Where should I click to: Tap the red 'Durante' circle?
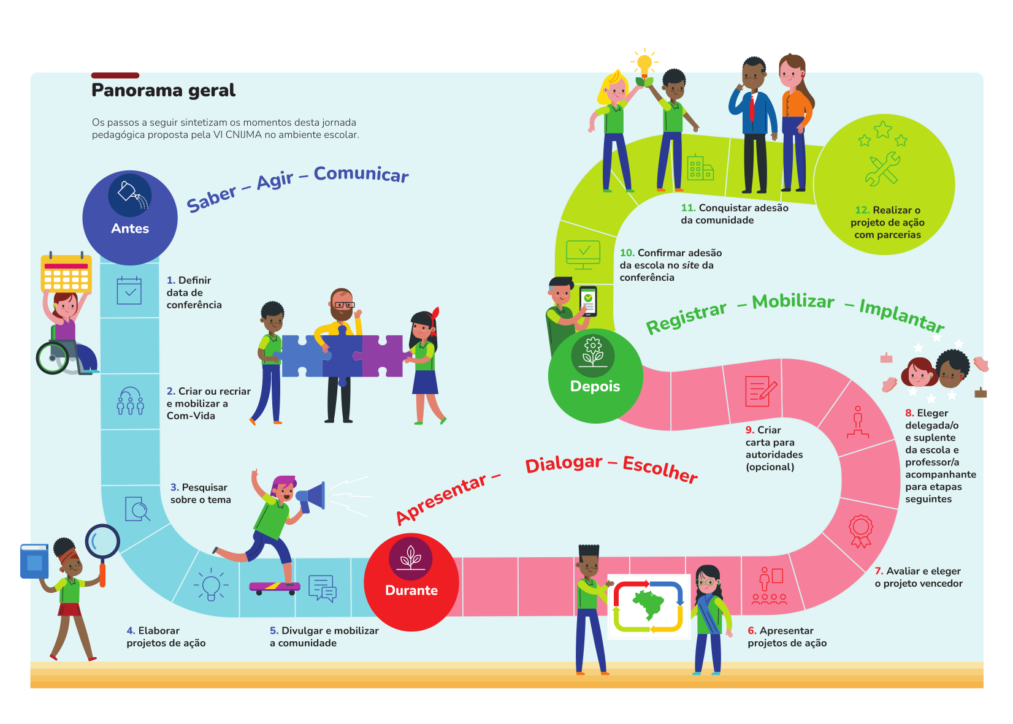[411, 582]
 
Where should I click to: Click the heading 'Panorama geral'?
[163, 91]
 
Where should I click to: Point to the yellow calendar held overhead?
[66, 273]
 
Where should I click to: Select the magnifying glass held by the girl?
[102, 543]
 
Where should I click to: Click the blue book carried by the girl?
[34, 561]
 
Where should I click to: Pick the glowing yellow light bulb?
[644, 63]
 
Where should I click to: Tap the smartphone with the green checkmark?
[588, 301]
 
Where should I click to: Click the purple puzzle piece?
[382, 356]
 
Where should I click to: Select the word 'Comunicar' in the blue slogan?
[361, 174]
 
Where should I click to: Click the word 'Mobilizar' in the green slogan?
[793, 302]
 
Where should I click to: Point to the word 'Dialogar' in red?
[564, 464]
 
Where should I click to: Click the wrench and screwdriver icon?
[882, 169]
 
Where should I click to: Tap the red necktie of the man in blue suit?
[752, 109]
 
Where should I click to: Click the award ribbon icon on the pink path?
[860, 530]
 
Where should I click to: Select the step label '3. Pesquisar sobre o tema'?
[201, 493]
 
